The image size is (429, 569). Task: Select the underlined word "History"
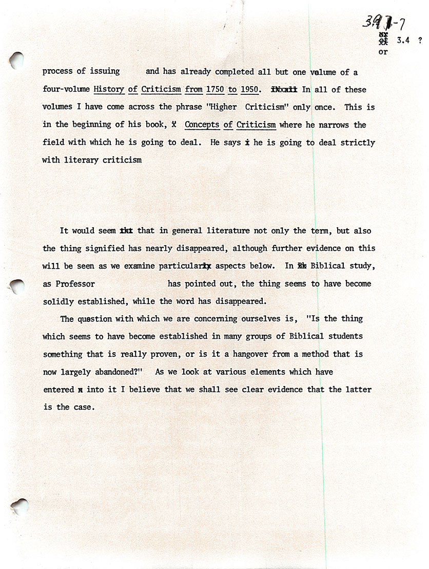tap(109, 89)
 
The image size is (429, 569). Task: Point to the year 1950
tap(249, 89)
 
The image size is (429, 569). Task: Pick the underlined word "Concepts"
tap(202, 125)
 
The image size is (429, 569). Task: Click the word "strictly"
tap(358, 143)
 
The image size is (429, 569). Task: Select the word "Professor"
tap(75, 283)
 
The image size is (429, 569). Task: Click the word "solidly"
tap(59, 301)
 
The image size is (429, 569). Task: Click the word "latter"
tap(358, 389)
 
